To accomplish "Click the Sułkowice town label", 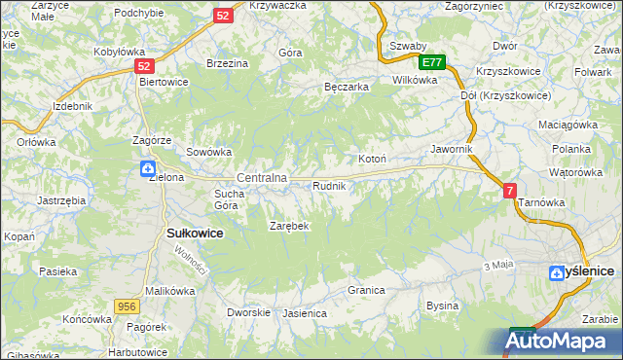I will coord(196,234).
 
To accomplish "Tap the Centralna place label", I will coord(262,178).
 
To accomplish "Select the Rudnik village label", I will coord(329,185).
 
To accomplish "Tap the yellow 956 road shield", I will coord(126,306).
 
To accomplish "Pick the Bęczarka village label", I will coord(346,87).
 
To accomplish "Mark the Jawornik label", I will coord(452,149).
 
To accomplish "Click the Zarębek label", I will coord(289,226).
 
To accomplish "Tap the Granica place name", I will coord(367,290).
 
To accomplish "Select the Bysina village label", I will coord(442,306).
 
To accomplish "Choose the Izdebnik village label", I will coord(73,105).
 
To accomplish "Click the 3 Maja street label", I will coord(497,265).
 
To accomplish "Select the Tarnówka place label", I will coord(542,202).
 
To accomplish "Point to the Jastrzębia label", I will coord(61,199).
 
